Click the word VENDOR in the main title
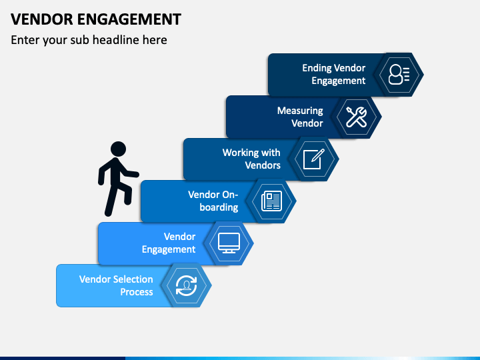click(x=42, y=19)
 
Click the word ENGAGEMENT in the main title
click(x=129, y=19)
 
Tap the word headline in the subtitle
click(x=116, y=40)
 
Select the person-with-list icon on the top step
click(x=399, y=75)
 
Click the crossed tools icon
click(x=356, y=117)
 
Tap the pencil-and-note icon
click(x=314, y=159)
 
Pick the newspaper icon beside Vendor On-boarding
click(x=271, y=201)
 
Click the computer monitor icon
click(x=229, y=243)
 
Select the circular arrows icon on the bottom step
click(x=187, y=285)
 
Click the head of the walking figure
click(x=118, y=149)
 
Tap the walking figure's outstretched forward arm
click(x=130, y=173)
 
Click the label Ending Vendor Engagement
click(x=334, y=75)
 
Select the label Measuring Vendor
click(x=300, y=117)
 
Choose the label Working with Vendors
click(x=251, y=159)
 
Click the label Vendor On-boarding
click(x=213, y=201)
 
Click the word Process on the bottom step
click(x=137, y=292)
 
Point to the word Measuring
click(x=300, y=111)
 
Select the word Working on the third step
click(x=237, y=153)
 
